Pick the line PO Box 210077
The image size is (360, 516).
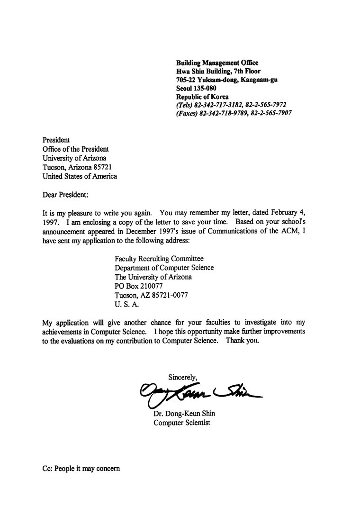(x=139, y=286)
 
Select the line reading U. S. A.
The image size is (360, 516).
(x=126, y=304)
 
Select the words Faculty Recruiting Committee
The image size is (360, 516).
(x=159, y=259)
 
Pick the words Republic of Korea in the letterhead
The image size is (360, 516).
(x=202, y=97)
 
